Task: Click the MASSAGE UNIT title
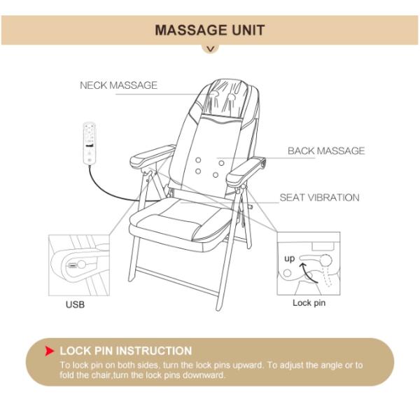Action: click(209, 30)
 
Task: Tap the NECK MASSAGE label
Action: click(118, 85)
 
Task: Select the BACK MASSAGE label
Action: click(326, 150)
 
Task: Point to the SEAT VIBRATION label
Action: click(319, 197)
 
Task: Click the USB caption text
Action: click(75, 304)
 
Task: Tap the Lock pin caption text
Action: click(309, 303)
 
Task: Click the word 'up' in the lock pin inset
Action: click(289, 258)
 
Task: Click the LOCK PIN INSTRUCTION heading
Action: click(126, 351)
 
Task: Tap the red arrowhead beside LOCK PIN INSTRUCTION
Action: click(50, 351)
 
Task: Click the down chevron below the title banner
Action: click(210, 49)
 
